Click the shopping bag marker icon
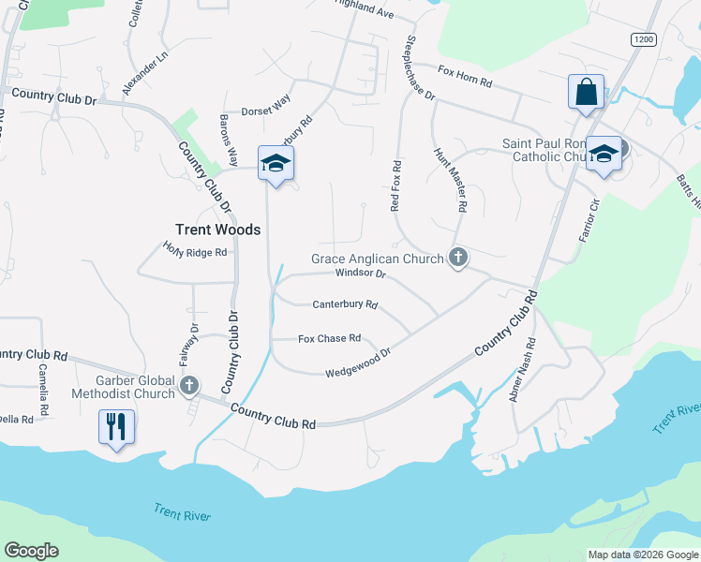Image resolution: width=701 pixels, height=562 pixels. pyautogui.click(x=586, y=93)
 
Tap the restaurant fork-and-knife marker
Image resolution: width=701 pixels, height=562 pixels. pyautogui.click(x=116, y=428)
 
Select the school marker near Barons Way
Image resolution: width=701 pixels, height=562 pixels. pyautogui.click(x=276, y=164)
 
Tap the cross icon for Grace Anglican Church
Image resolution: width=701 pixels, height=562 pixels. pyautogui.click(x=458, y=258)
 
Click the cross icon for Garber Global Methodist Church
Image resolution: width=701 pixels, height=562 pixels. pyautogui.click(x=190, y=384)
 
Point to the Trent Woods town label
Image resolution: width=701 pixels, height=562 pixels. pyautogui.click(x=217, y=229)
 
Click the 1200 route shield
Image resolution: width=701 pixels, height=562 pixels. pyautogui.click(x=643, y=39)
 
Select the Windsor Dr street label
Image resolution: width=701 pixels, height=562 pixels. pyautogui.click(x=361, y=274)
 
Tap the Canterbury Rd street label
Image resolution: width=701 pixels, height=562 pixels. pyautogui.click(x=344, y=304)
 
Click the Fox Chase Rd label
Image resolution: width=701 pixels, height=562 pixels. pyautogui.click(x=329, y=338)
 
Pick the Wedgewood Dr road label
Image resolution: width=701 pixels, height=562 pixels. pyautogui.click(x=356, y=363)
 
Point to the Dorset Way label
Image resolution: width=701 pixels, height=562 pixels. pyautogui.click(x=267, y=107)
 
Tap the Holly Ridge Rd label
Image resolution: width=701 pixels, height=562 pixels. pyautogui.click(x=195, y=251)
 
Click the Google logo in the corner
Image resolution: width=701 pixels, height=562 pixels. pyautogui.click(x=31, y=551)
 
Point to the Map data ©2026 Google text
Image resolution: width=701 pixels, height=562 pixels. pyautogui.click(x=642, y=555)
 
